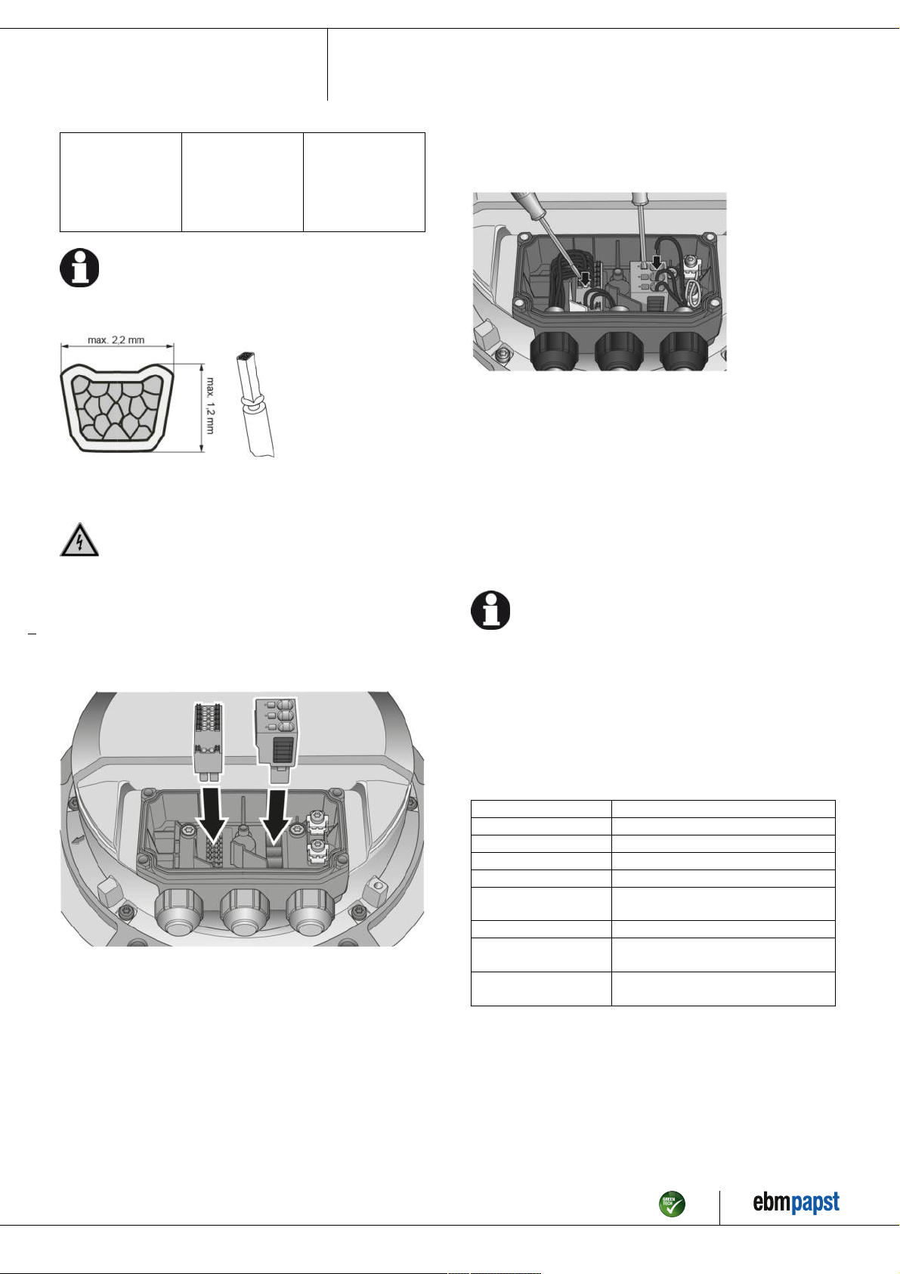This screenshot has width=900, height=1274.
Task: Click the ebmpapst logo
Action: pyautogui.click(x=796, y=1203)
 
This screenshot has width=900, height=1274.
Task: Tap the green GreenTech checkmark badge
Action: pyautogui.click(x=672, y=1204)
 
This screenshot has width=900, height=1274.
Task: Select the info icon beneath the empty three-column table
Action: pyautogui.click(x=79, y=268)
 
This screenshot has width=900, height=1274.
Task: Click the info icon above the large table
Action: pyautogui.click(x=490, y=610)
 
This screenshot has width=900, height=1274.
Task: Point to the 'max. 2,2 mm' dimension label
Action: pyautogui.click(x=116, y=340)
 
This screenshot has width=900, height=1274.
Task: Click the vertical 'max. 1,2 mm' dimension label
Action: pyautogui.click(x=210, y=405)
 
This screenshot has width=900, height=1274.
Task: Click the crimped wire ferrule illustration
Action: pyautogui.click(x=255, y=405)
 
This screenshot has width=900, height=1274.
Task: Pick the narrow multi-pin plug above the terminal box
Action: pyautogui.click(x=209, y=739)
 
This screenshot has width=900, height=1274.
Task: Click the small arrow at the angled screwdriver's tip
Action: pyautogui.click(x=585, y=278)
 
